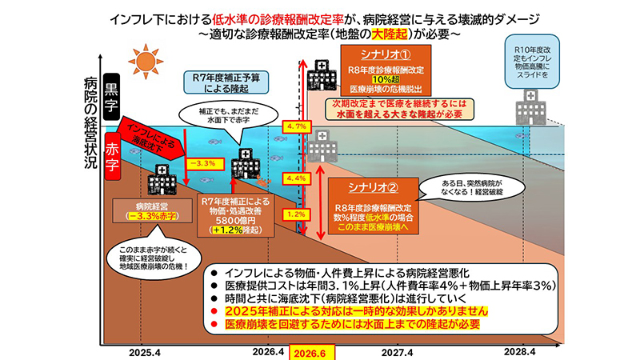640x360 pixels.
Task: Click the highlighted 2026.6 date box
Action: click(x=308, y=353)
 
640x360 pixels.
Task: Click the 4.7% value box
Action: click(x=296, y=126)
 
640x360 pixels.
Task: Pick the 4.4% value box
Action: click(x=296, y=178)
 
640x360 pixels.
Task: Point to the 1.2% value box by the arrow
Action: click(x=296, y=214)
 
